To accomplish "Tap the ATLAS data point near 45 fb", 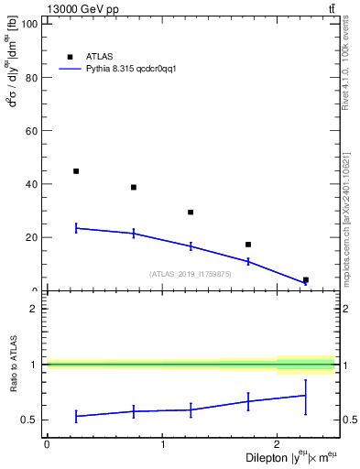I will click(x=76, y=171).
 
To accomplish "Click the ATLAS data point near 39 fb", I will click(x=134, y=187).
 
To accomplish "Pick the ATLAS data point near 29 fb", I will click(x=191, y=213).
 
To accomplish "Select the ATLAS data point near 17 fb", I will click(x=248, y=245).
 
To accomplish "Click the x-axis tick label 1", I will click(x=162, y=445).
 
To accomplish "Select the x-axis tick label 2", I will click(x=277, y=445).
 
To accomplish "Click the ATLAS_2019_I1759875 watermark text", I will click(x=191, y=274).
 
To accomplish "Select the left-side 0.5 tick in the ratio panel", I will click(x=30, y=420).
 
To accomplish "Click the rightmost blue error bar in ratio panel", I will click(x=305, y=396).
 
